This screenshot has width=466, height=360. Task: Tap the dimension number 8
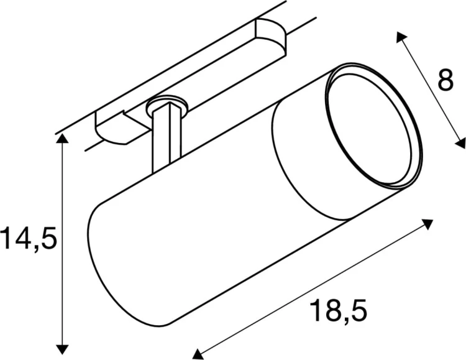[x=445, y=81]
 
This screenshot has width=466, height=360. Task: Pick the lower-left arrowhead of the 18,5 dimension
[x=198, y=354]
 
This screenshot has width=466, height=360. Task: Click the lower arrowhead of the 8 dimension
[x=460, y=143]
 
